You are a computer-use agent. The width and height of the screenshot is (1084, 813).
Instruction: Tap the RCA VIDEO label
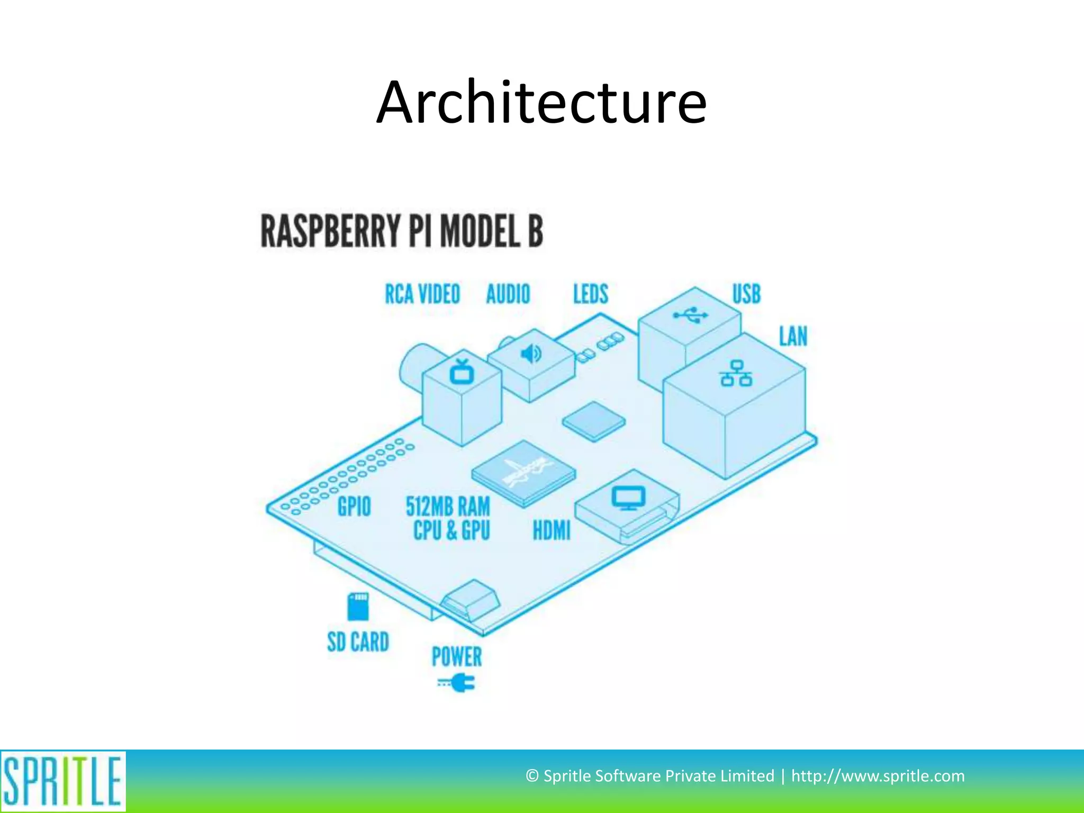[x=422, y=294]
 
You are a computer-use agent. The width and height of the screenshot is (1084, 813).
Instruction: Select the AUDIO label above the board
[x=508, y=294]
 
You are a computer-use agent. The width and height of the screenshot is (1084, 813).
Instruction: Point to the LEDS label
[x=591, y=294]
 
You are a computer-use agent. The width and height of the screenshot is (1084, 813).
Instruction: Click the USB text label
[x=746, y=294]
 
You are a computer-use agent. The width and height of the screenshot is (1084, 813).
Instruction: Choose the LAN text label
[x=793, y=337]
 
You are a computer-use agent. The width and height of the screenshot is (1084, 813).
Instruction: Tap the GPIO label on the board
[x=354, y=507]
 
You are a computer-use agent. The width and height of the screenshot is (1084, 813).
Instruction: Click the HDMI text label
[x=552, y=530]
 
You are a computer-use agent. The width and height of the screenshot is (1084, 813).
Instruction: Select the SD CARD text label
[x=358, y=642]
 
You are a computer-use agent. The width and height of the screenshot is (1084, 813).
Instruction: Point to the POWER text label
[x=457, y=657]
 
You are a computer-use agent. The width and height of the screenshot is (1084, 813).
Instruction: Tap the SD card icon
[x=358, y=607]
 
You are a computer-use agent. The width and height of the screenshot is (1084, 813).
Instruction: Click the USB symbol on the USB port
[x=690, y=315]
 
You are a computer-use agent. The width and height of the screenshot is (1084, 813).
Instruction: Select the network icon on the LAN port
[x=736, y=374]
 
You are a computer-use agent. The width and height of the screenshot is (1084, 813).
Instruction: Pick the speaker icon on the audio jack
[x=531, y=353]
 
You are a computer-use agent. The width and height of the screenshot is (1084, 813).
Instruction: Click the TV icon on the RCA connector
[x=462, y=372]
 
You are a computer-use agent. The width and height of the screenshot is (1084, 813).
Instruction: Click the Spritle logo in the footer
[x=63, y=781]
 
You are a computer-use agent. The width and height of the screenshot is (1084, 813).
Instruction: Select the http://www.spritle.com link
[x=878, y=776]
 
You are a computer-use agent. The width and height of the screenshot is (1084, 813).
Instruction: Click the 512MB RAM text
[x=448, y=507]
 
